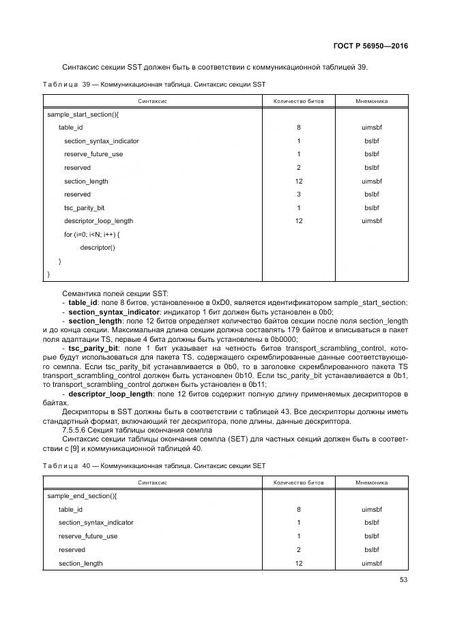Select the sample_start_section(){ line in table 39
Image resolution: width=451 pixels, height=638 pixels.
pos(83,115)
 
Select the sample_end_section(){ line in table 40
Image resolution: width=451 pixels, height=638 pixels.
pos(82,496)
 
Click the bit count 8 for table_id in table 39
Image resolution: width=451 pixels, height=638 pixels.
pos(298,128)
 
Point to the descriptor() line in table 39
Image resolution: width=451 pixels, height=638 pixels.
pos(98,247)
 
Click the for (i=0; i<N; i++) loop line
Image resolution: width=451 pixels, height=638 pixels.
pos(92,234)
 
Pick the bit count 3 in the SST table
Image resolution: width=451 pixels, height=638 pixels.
pos(298,194)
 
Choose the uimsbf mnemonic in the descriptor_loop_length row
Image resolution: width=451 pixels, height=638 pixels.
pos(371,221)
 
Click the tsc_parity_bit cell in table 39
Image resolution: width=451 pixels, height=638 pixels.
pos(85,207)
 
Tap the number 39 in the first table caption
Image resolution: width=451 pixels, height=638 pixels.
pos(86,84)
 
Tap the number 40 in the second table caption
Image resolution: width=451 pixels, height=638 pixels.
pos(86,465)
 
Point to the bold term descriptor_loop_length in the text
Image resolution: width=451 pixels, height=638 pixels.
pos(111,394)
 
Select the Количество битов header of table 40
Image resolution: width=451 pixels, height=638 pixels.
pos(298,482)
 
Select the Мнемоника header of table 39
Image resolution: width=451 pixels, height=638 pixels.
pos(371,100)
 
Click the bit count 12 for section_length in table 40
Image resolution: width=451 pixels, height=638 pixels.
pos(298,563)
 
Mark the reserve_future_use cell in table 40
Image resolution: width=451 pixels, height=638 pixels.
pos(88,536)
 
